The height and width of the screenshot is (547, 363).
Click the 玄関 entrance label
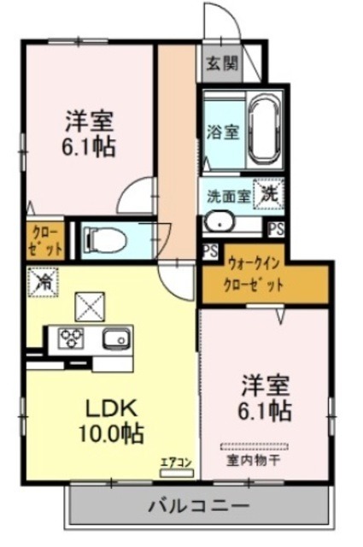pyautogui.click(x=220, y=63)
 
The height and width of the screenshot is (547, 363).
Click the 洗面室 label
pyautogui.click(x=228, y=195)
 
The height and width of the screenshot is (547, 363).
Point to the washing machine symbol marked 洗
pyautogui.click(x=269, y=194)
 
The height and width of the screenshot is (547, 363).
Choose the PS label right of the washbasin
pyautogui.click(x=276, y=228)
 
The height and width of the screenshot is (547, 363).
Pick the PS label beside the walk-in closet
pyautogui.click(x=210, y=250)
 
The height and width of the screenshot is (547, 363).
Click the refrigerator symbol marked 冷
pyautogui.click(x=40, y=280)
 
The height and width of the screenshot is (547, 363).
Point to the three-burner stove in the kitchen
pyautogui.click(x=70, y=339)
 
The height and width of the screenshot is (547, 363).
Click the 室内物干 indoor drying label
pyautogui.click(x=256, y=462)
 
